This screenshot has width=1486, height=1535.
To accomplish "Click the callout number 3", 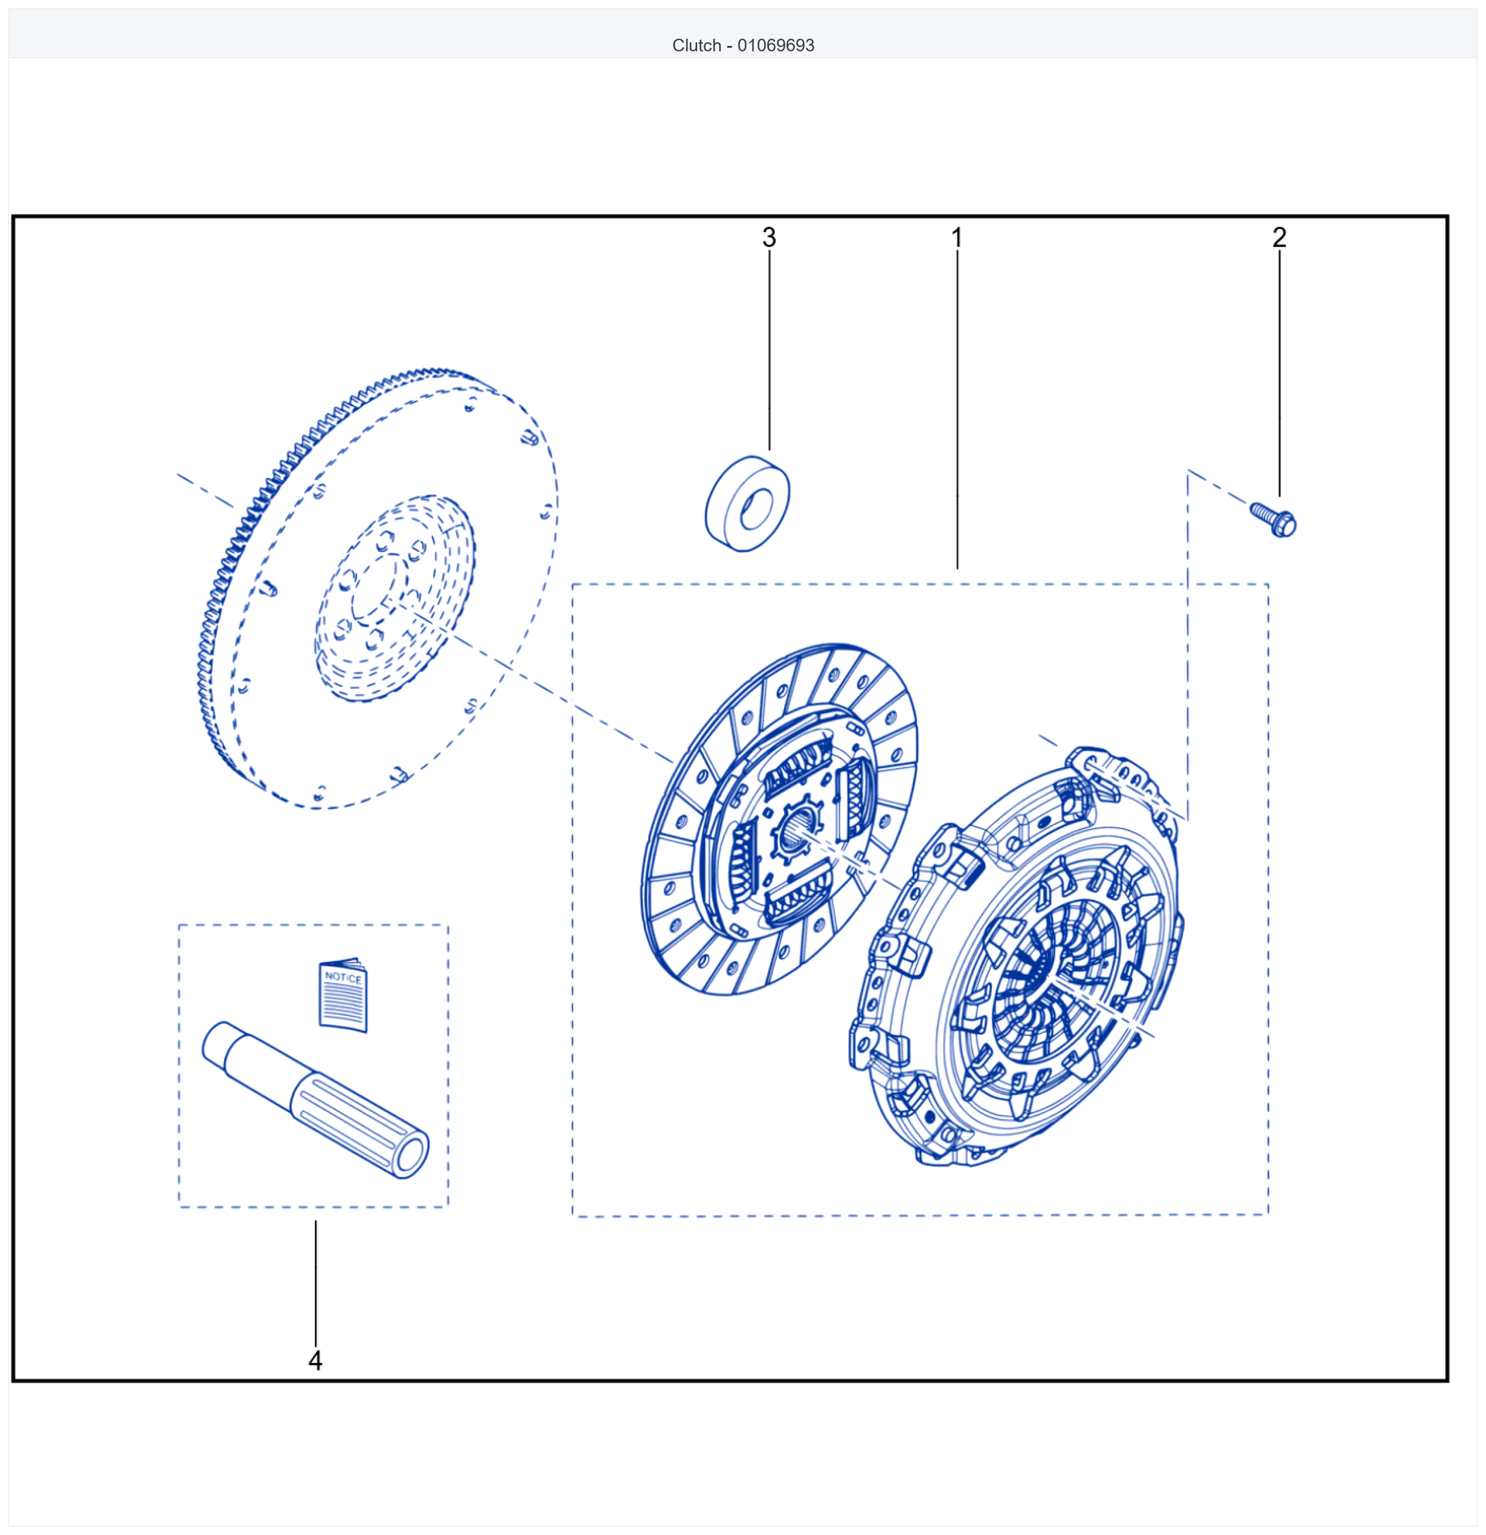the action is pos(769,238).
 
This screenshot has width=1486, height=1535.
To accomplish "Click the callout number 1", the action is pos(957,238).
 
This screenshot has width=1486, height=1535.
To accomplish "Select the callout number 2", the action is pos(1279,238).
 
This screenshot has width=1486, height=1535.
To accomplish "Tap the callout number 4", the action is pos(315,1360).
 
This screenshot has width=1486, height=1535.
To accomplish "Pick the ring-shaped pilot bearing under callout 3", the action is pos(747,503).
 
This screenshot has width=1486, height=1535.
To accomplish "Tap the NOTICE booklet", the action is pos(343,995).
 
